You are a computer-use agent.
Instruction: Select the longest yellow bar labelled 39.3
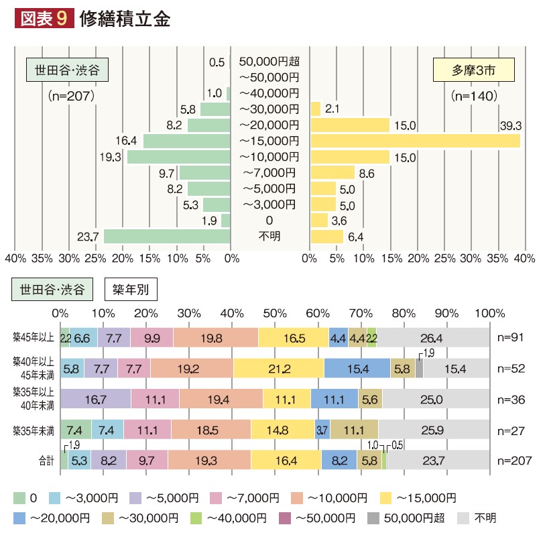[x=415, y=141]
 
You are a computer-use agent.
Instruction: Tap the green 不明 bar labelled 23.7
[x=167, y=236]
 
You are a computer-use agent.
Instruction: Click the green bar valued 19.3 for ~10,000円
[x=179, y=157]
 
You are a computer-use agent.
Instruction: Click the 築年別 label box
[x=131, y=290]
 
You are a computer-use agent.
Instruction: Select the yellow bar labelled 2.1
[x=316, y=109]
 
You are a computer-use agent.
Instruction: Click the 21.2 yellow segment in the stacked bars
[x=278, y=368]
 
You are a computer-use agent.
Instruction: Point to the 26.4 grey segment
[x=433, y=337]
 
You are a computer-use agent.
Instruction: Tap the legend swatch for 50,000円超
[x=373, y=518]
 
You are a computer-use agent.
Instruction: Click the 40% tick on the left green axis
[x=15, y=257]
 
